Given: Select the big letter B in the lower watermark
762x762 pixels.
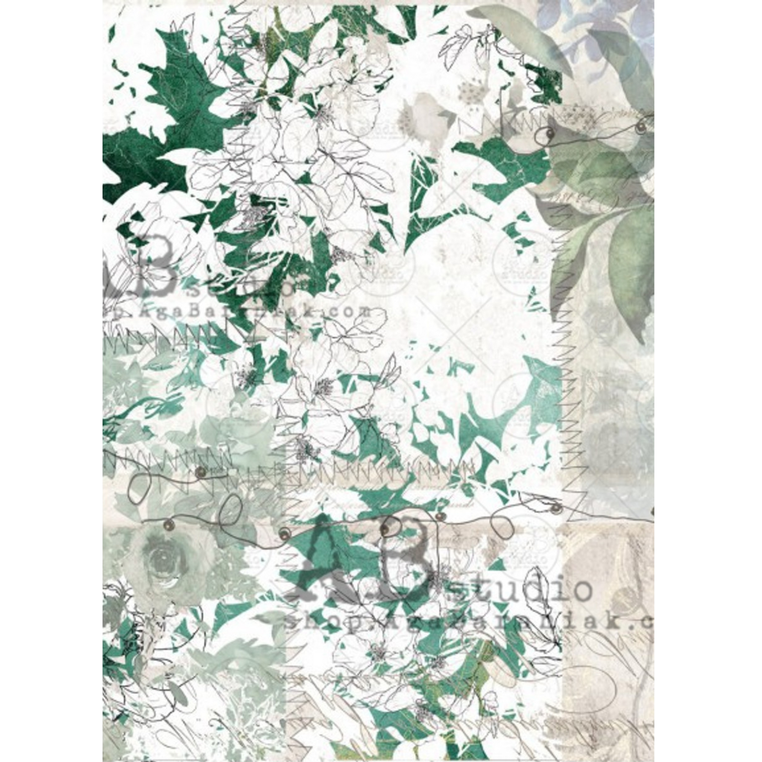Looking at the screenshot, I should tap(406, 552).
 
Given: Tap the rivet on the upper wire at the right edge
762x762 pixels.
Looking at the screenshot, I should tap(641, 127).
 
